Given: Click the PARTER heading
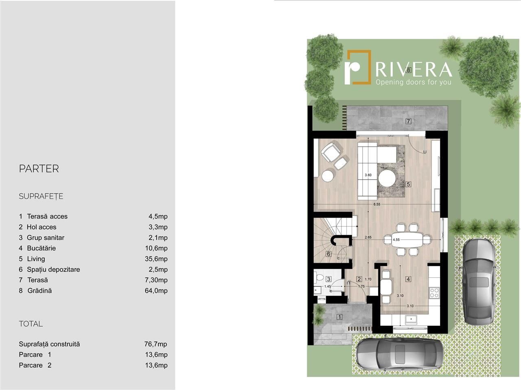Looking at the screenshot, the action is pos(39,168).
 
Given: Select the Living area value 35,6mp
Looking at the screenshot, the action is pos(156,259).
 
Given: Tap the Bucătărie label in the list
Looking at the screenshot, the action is pos(41,248).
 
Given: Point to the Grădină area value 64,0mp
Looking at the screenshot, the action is pos(156,291).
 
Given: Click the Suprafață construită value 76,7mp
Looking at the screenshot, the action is pos(156,344).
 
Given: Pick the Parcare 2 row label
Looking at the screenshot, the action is pos(35,365).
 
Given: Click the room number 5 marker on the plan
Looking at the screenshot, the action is pos(408,184).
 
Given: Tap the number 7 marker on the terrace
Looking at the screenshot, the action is pos(408,121).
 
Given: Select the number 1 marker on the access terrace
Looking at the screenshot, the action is pos(339,317).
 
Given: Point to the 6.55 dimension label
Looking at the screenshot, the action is pos(377,204).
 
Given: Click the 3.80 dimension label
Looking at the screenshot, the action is pos(368,175).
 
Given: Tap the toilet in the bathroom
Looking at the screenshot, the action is pos(318,277).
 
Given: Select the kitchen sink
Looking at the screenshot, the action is pos(412,320).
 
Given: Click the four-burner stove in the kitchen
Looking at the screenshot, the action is pos(434,292).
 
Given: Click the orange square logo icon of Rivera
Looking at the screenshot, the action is pos(358,67).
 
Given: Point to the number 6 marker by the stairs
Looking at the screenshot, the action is pos(328,254).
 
